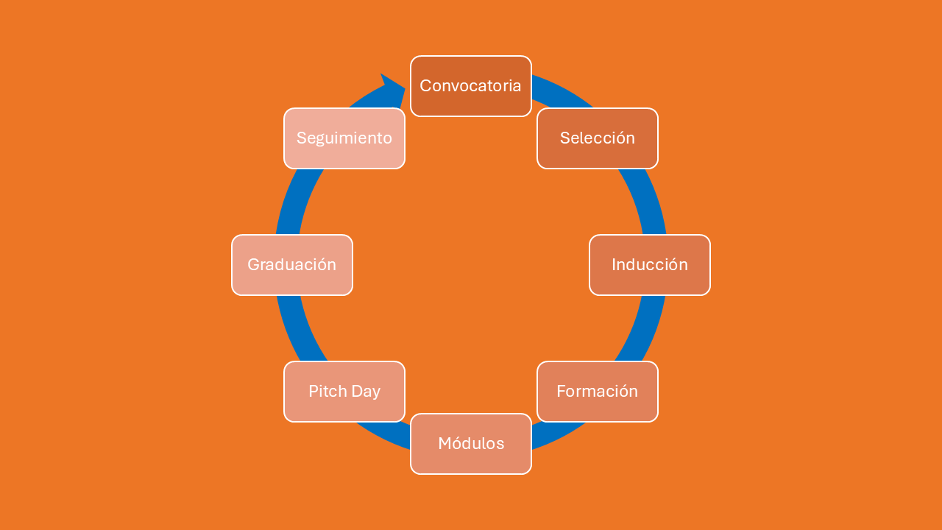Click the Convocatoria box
tap(471, 86)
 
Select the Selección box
tap(598, 138)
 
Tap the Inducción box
tap(650, 265)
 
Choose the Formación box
tap(598, 392)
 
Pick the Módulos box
tap(471, 444)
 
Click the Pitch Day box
tap(344, 392)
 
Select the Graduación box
tap(292, 265)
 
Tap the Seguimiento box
tap(344, 138)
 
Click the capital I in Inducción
tap(614, 265)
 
